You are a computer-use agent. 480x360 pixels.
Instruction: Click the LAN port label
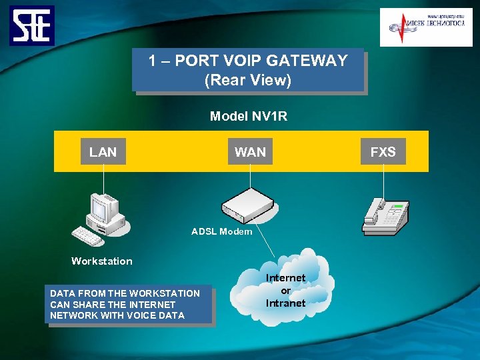pos(103,152)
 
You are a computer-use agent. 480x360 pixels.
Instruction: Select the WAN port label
pos(250,152)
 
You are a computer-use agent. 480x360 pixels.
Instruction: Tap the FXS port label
pos(383,152)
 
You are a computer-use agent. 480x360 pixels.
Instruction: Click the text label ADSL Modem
pos(221,231)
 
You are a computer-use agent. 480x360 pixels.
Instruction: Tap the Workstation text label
pos(102,261)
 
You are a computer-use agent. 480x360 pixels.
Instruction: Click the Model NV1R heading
pos(249,117)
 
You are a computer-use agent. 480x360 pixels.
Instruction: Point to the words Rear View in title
pos(248,81)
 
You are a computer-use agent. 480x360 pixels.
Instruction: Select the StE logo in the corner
pos(32,25)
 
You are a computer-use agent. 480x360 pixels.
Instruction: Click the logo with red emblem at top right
pos(425,27)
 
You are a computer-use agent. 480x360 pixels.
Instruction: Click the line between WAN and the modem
pos(250,177)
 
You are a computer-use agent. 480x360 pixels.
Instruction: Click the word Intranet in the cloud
pos(285,303)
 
